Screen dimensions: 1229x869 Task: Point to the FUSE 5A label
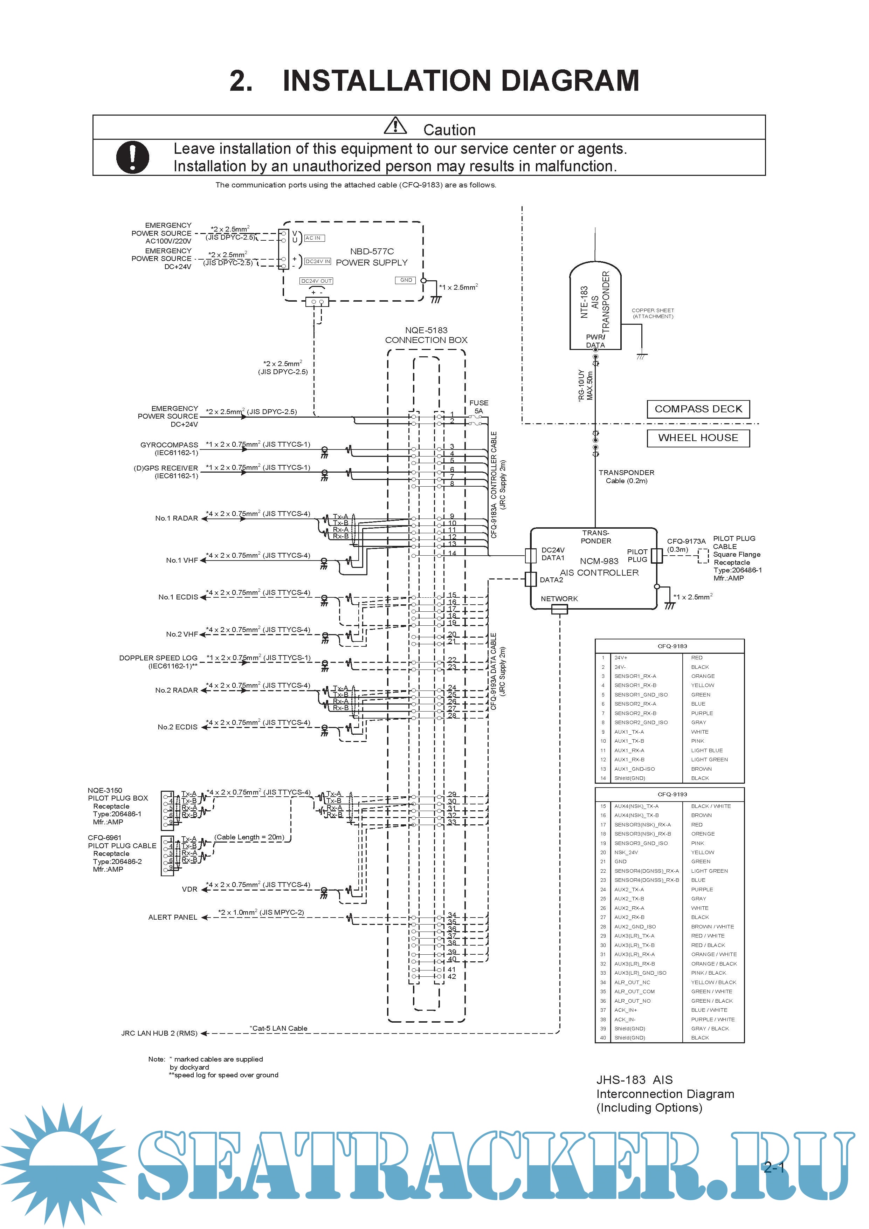coord(478,407)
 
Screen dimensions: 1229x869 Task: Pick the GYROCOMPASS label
coord(169,445)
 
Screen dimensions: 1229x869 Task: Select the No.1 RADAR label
coord(177,518)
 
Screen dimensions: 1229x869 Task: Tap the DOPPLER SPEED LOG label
coord(158,658)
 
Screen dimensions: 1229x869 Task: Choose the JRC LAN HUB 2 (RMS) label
coord(159,1033)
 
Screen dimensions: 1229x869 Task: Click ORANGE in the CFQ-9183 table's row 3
coord(703,676)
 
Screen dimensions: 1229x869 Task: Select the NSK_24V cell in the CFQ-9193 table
coord(626,852)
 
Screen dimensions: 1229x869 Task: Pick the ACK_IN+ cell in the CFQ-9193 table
coord(626,1010)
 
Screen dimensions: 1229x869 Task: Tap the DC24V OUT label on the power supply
coord(316,281)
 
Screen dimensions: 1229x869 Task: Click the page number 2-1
coord(774,1168)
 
